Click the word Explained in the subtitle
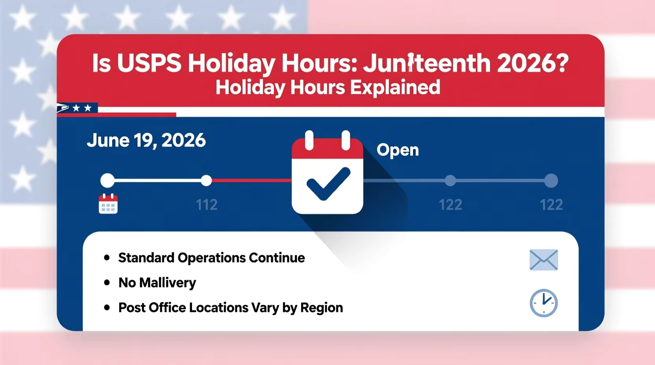395,87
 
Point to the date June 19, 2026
146,140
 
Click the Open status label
398,150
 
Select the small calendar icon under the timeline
108,204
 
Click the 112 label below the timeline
207,205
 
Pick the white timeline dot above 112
206,181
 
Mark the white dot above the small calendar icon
107,181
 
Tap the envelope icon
544,260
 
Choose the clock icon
544,303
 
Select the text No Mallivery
157,282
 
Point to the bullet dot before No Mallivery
107,282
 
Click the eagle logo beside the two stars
63,108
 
